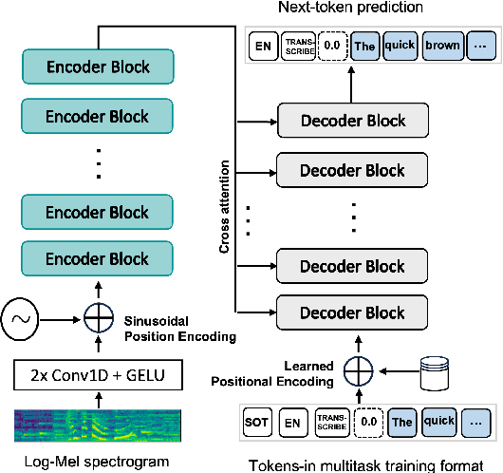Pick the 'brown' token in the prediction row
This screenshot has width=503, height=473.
(x=441, y=46)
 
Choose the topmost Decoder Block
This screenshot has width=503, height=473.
(x=353, y=121)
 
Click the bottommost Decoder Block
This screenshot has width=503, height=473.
(x=353, y=312)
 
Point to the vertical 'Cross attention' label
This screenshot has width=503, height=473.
(x=226, y=212)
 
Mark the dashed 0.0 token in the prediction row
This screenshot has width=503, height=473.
(x=332, y=46)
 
